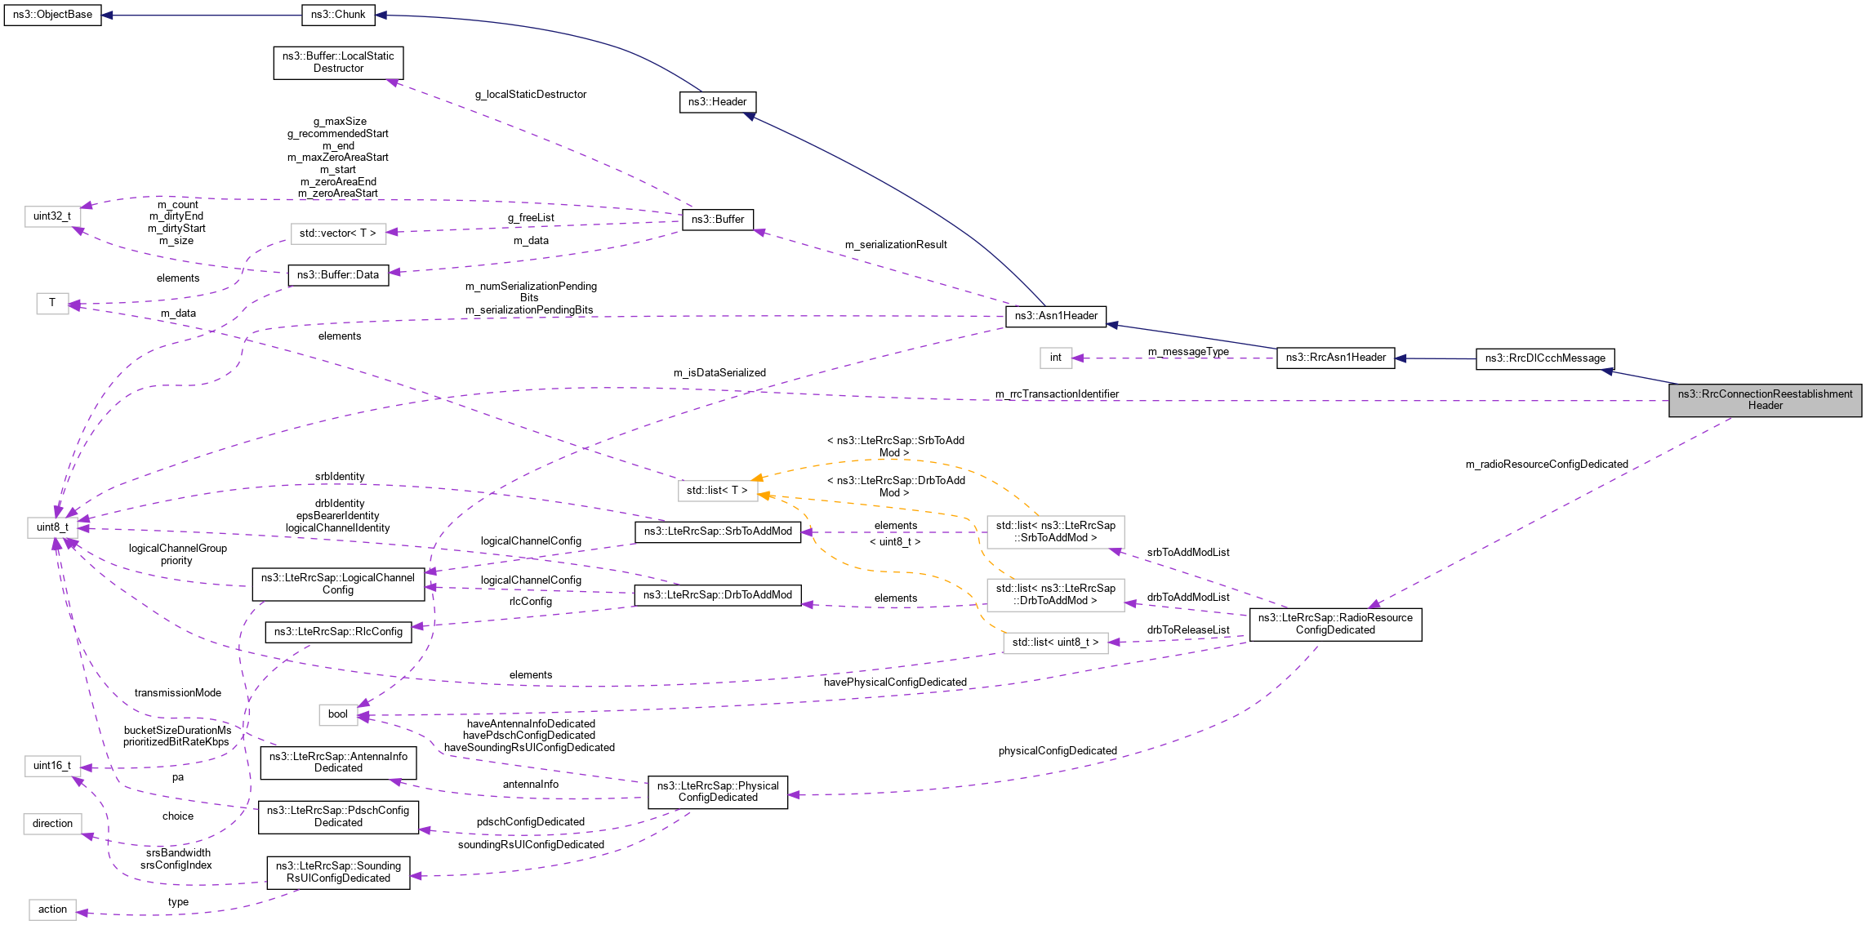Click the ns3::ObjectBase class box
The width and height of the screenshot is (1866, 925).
tap(52, 15)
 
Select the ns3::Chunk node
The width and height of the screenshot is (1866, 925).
tap(338, 15)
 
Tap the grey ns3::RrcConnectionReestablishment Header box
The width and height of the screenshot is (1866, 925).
tap(1765, 400)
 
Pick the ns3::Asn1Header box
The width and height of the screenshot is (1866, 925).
tap(1056, 316)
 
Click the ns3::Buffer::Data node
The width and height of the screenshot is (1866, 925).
tap(338, 275)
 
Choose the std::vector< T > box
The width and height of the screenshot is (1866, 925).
tap(337, 233)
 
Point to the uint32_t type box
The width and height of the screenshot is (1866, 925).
tap(52, 216)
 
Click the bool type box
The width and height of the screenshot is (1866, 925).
tap(338, 714)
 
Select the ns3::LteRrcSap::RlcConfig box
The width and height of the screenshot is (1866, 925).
tap(338, 632)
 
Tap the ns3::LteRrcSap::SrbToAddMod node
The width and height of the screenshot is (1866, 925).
tap(718, 531)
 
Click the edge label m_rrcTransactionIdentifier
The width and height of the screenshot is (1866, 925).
tap(1057, 394)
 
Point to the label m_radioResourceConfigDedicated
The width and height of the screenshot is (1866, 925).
tap(1547, 465)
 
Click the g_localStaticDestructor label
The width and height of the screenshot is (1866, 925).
tap(531, 95)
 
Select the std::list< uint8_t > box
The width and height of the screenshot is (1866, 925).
tap(1055, 643)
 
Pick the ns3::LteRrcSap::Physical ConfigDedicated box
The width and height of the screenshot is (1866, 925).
tap(718, 792)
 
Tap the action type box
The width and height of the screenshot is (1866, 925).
tap(52, 909)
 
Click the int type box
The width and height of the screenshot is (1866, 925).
tap(1055, 358)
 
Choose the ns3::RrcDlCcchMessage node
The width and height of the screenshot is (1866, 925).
tap(1545, 358)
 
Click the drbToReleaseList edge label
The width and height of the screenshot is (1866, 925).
tap(1187, 630)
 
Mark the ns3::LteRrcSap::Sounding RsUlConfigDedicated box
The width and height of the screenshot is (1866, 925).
tap(338, 872)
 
